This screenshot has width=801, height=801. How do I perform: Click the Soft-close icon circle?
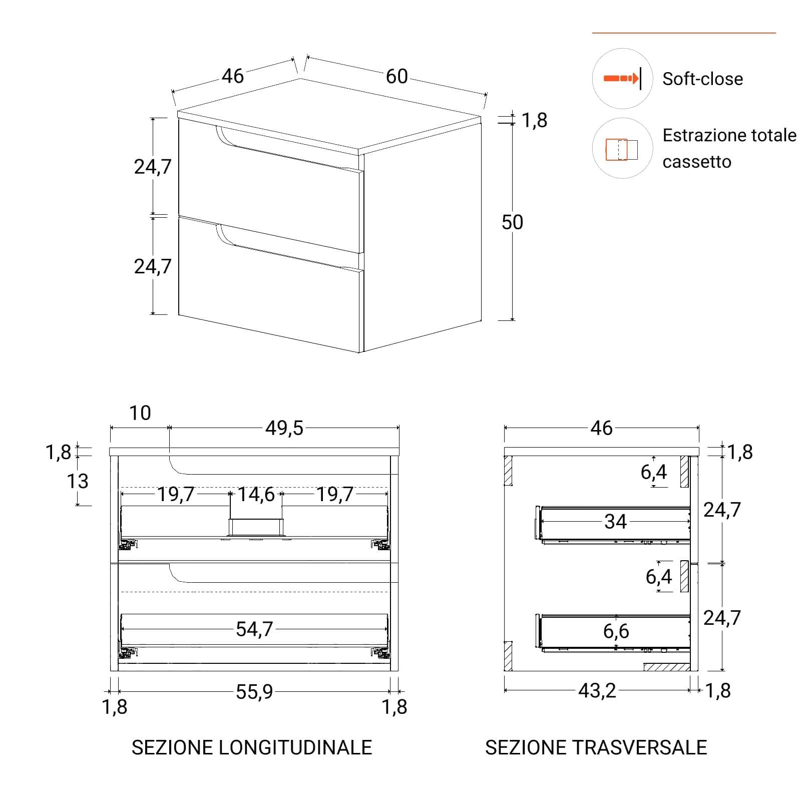click(622, 79)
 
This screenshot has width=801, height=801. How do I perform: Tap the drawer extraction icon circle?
click(622, 148)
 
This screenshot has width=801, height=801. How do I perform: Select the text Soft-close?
click(702, 79)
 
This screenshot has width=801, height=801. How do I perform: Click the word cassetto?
click(696, 162)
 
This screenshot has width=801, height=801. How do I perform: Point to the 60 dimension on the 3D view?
click(396, 77)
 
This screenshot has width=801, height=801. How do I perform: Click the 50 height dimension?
click(512, 222)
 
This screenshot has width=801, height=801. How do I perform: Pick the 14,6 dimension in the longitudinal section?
click(256, 495)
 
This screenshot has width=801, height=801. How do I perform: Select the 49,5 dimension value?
click(284, 428)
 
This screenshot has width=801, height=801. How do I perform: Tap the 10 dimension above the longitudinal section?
click(140, 413)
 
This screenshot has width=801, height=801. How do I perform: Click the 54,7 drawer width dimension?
click(254, 629)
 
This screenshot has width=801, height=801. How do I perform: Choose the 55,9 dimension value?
click(254, 692)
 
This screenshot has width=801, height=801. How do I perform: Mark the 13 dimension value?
click(78, 481)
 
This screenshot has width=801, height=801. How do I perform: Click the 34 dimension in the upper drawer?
click(615, 522)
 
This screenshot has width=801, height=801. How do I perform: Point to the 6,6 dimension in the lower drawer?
click(616, 631)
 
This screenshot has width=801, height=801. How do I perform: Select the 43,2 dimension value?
click(597, 691)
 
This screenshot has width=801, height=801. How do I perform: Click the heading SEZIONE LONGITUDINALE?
click(252, 747)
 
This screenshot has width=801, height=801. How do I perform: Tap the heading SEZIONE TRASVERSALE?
click(596, 747)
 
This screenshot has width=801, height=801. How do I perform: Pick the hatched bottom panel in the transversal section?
click(667, 667)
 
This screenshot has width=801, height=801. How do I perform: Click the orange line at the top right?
click(684, 33)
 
